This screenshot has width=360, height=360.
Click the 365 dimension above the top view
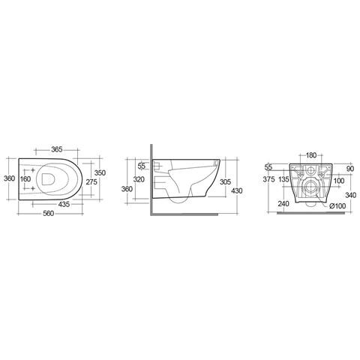[x=57, y=149]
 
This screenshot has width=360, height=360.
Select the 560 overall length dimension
[x=49, y=214]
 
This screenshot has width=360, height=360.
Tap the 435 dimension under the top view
[x=64, y=204]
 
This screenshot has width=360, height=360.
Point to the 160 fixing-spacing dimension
[x=25, y=179]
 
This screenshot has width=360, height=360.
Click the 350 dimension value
[x=100, y=172]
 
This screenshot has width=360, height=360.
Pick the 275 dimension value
[x=91, y=182]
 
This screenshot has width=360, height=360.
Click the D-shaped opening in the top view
[x=48, y=179]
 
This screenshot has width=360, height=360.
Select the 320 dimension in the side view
[x=139, y=179]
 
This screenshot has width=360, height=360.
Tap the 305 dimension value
[x=225, y=181]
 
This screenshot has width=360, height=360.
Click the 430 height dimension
[x=237, y=191]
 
